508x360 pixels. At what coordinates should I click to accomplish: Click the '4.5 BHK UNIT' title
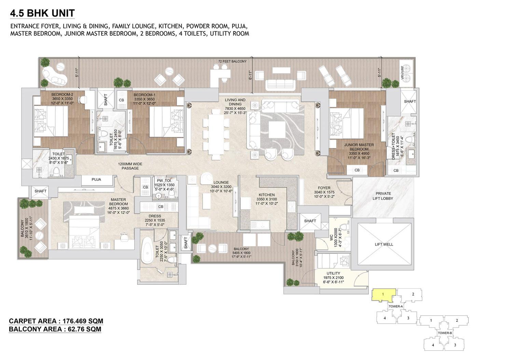click(x=42, y=13)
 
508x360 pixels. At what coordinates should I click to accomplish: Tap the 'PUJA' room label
click(x=96, y=179)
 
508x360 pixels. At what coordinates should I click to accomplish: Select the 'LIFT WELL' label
click(x=384, y=244)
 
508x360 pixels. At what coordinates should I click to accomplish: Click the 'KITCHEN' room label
click(x=266, y=195)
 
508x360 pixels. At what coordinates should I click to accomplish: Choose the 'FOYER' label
click(x=324, y=188)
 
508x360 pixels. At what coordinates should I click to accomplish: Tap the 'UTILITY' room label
click(x=333, y=273)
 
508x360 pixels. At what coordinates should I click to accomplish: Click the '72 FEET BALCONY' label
click(x=232, y=61)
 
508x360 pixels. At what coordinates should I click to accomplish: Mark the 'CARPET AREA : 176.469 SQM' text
click(x=56, y=321)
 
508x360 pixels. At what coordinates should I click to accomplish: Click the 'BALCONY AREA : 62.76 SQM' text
click(x=55, y=329)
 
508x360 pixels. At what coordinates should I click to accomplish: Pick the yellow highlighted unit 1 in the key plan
click(x=383, y=295)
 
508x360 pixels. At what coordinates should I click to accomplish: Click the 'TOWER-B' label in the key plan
click(x=445, y=333)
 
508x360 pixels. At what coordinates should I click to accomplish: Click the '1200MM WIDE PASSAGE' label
click(x=130, y=166)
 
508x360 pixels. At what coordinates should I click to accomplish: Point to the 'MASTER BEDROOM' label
click(x=118, y=202)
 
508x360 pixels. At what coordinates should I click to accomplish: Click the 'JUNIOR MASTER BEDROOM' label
click(x=359, y=147)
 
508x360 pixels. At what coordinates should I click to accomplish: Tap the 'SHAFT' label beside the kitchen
click(x=310, y=221)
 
